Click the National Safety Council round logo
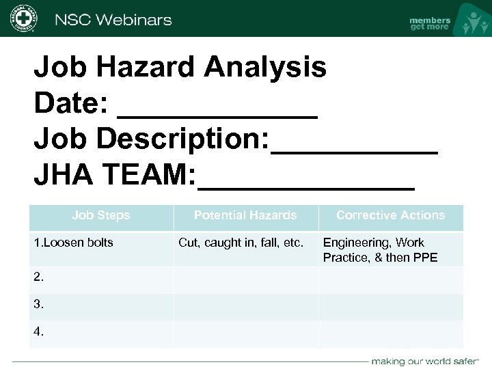[23, 18]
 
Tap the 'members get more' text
[429, 23]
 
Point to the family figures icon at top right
[473, 20]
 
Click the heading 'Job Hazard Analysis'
[180, 67]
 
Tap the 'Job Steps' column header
[100, 215]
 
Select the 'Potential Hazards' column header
[245, 215]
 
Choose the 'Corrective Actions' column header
[390, 215]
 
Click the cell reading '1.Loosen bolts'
[74, 243]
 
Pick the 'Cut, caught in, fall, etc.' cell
[241, 243]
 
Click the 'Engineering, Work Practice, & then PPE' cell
[380, 250]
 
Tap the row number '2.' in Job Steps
[39, 277]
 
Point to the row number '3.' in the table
[39, 304]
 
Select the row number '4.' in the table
[39, 331]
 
